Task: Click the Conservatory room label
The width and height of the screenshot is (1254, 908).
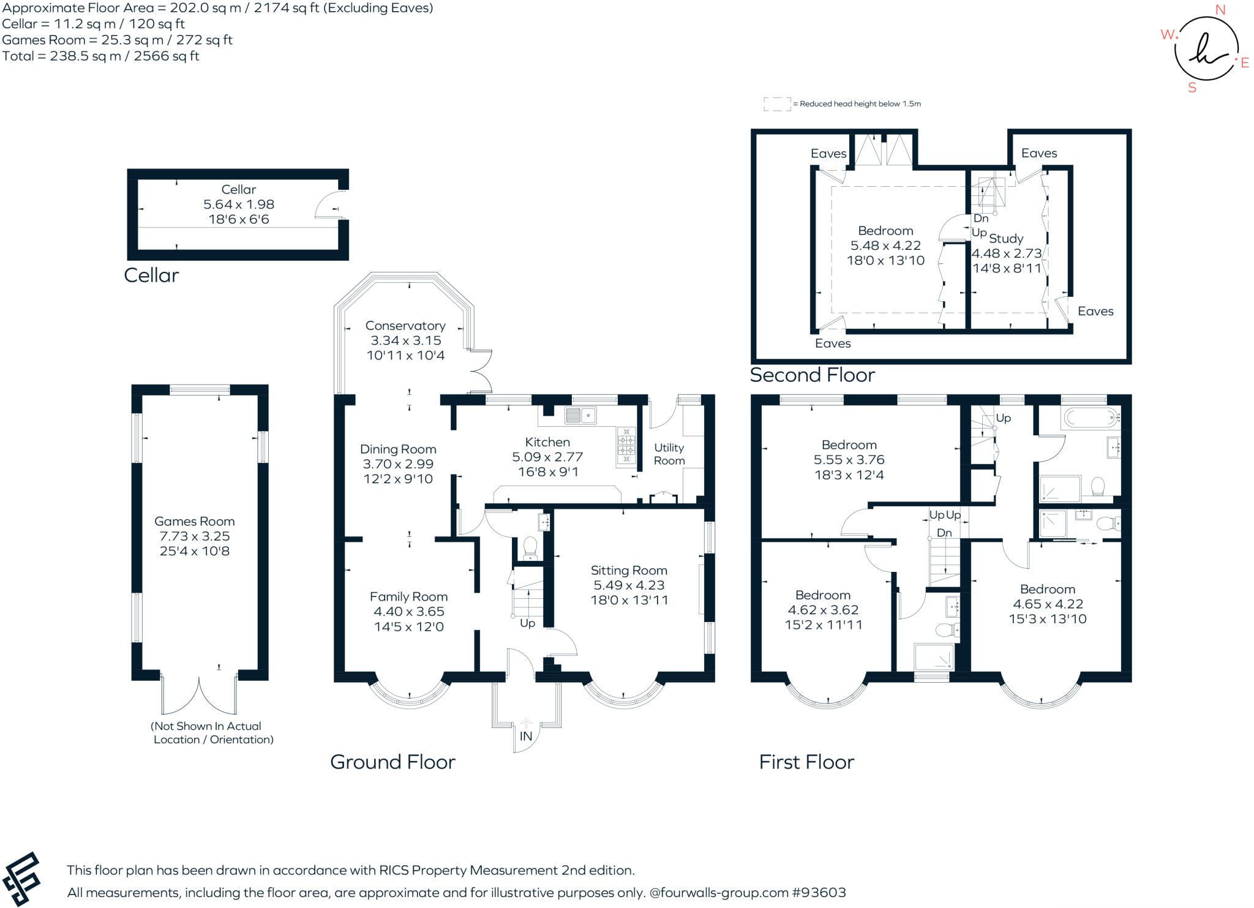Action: (405, 326)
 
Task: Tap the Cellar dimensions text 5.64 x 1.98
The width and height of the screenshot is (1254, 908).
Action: (238, 204)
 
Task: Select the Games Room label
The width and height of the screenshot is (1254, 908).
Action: (194, 521)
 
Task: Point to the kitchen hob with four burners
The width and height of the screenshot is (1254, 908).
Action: (626, 445)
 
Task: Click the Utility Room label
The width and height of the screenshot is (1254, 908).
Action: (669, 454)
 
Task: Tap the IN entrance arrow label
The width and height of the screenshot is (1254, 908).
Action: (525, 736)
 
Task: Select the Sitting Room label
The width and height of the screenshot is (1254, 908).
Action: (629, 570)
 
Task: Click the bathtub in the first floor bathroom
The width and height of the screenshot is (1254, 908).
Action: (1091, 418)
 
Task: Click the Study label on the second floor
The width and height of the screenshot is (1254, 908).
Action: (1006, 238)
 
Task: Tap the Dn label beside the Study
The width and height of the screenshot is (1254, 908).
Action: (981, 219)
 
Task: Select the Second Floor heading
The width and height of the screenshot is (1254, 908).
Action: (812, 375)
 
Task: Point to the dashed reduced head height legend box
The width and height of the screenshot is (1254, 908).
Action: (776, 104)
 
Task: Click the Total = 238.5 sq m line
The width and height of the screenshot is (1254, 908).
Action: (101, 56)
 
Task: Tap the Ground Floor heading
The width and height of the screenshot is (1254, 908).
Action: (392, 762)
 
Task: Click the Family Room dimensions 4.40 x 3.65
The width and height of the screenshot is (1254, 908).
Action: (408, 611)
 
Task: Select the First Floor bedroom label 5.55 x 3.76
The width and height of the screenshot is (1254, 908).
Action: (849, 460)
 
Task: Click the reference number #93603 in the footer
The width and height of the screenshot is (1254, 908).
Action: (819, 892)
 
